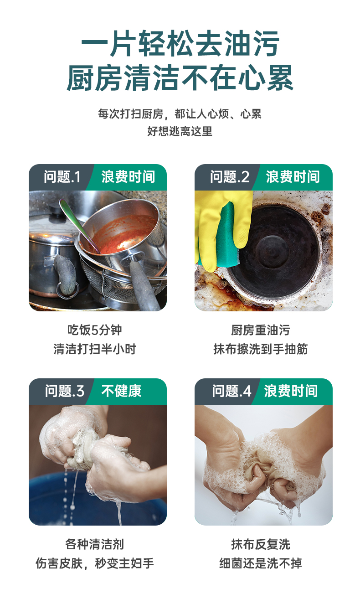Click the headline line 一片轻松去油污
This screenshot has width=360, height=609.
click(180, 43)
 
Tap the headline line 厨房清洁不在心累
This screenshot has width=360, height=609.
click(180, 78)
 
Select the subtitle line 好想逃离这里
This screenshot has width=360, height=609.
click(180, 131)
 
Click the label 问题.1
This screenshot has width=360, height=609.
click(62, 177)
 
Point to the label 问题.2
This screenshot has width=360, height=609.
click(230, 177)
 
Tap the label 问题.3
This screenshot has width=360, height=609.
click(65, 391)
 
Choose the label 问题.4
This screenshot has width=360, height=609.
click(231, 391)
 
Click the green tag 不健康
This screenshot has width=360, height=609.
click(122, 391)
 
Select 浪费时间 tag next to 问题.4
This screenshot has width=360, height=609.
click(291, 391)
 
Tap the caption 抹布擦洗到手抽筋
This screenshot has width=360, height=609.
click(261, 349)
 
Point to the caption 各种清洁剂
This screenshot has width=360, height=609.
click(94, 545)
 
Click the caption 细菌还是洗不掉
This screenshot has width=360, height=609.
click(261, 563)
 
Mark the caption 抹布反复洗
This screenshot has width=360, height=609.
click(261, 545)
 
